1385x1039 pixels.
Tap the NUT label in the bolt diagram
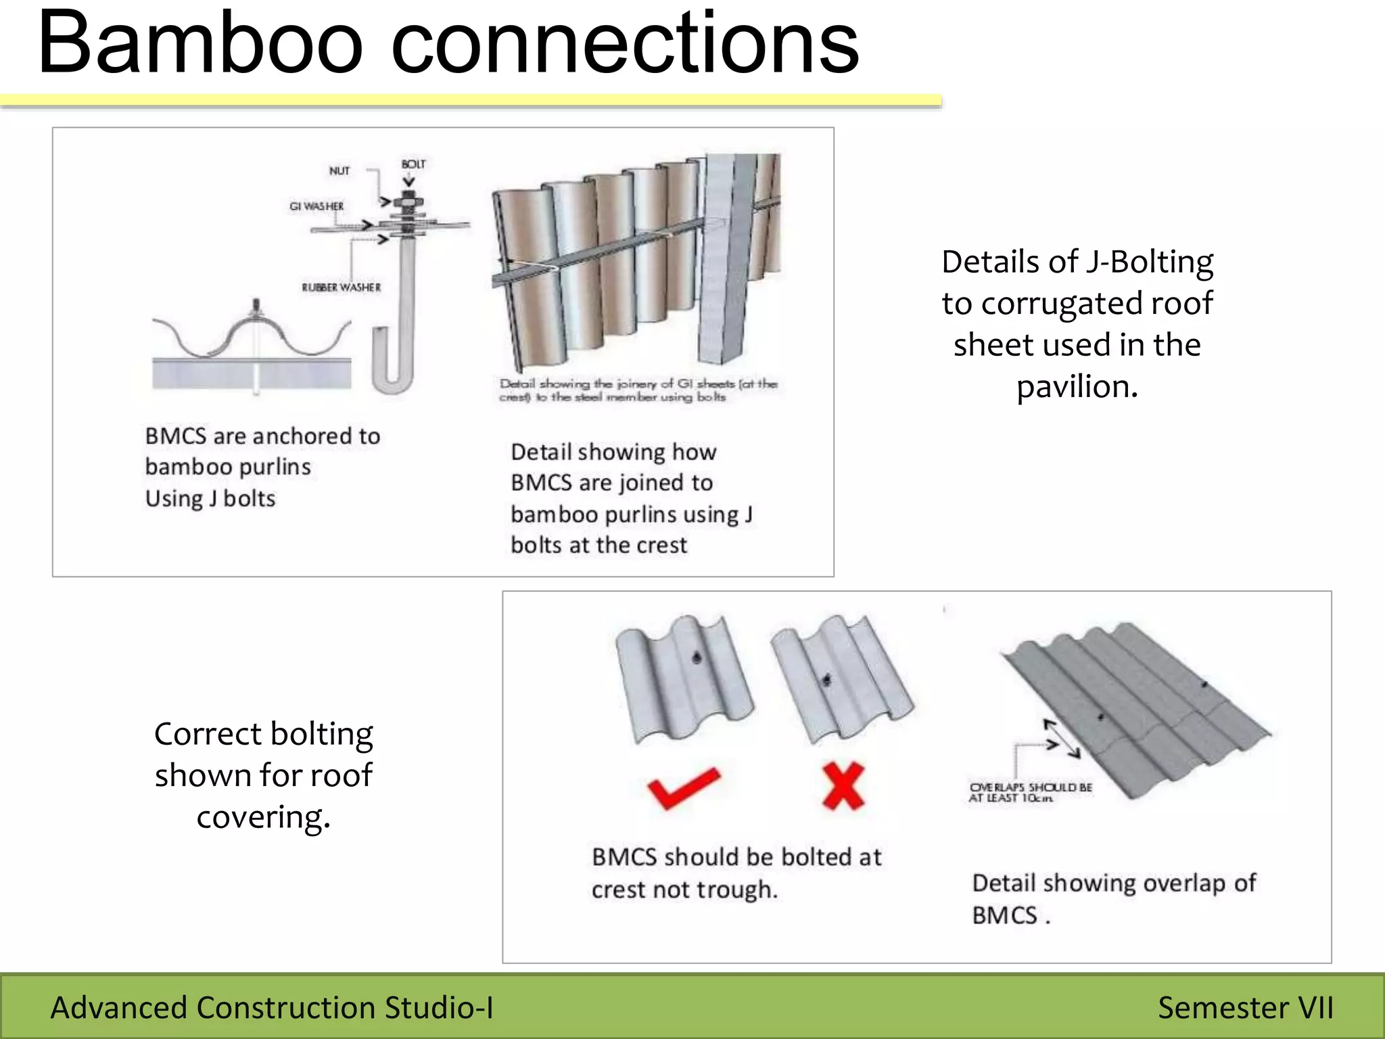click(339, 171)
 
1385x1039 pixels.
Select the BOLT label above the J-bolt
click(413, 164)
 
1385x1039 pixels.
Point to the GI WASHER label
click(316, 206)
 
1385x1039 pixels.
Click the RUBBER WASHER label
click(341, 287)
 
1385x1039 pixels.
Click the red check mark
click(682, 788)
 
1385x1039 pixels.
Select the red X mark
click(843, 786)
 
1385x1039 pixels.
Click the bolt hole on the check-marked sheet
click(697, 657)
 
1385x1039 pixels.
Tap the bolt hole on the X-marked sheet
click(826, 680)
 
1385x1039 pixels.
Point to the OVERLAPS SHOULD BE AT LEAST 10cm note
click(1030, 793)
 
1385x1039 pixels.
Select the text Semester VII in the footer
click(1245, 1008)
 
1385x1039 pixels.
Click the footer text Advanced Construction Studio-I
click(272, 1008)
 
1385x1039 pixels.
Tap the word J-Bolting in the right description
click(1149, 262)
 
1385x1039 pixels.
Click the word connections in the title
click(625, 44)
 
